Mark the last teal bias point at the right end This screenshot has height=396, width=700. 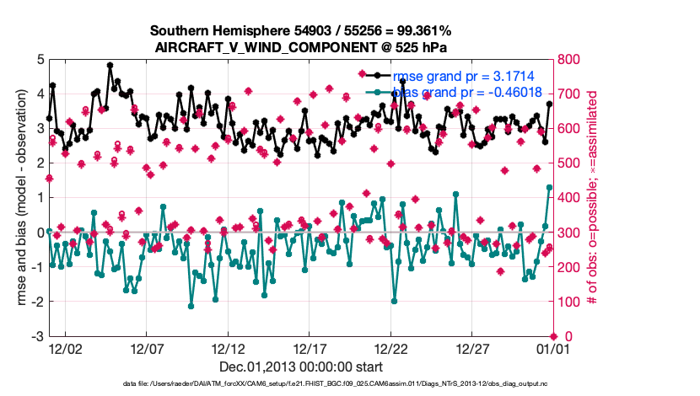click(549, 187)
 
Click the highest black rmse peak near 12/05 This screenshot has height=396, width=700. click(110, 65)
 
